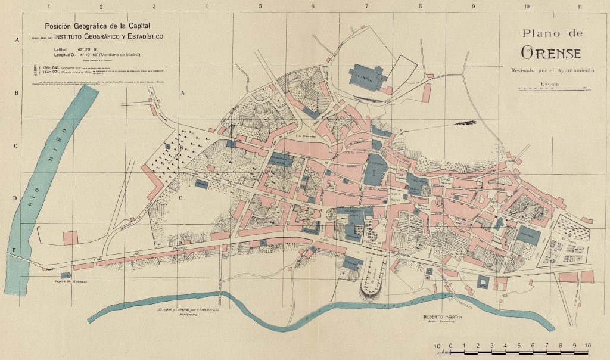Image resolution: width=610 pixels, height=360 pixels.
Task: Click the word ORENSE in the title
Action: [550, 52]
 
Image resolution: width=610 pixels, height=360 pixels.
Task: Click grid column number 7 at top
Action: [366, 6]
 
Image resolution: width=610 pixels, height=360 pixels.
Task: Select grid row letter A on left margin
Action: [17, 39]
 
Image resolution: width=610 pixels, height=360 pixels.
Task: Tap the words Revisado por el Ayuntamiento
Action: [548, 70]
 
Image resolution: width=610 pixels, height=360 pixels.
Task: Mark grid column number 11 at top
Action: [580, 6]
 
